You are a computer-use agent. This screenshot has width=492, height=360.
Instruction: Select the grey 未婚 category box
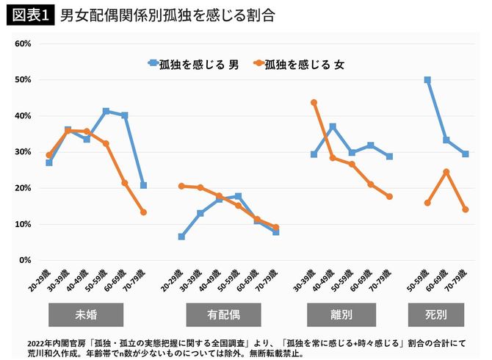(x=86, y=314)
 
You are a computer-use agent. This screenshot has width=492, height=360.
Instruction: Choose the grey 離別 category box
(x=341, y=314)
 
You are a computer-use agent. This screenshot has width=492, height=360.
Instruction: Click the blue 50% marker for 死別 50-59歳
(x=427, y=80)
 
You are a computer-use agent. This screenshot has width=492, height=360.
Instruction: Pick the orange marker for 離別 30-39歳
(x=314, y=103)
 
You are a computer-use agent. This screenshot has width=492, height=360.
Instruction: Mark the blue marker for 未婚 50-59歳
(x=106, y=112)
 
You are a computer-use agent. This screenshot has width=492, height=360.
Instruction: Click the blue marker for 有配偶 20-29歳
(x=181, y=237)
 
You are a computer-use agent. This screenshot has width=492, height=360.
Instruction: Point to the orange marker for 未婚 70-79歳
(x=144, y=212)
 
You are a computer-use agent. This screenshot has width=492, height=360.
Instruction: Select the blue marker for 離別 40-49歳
(x=333, y=127)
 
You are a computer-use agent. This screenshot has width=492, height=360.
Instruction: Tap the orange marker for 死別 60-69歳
(x=446, y=172)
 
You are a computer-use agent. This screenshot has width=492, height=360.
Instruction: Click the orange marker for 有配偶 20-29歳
(x=181, y=186)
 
